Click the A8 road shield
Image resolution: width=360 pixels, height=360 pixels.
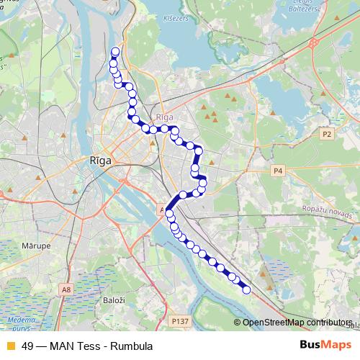click(x=66, y=289)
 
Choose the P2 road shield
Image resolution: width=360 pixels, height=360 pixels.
click(x=328, y=134)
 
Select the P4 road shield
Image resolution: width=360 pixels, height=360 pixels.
click(x=279, y=171)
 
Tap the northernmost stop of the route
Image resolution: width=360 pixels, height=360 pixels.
click(x=115, y=51)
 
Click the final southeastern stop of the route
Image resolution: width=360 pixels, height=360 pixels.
click(x=246, y=290)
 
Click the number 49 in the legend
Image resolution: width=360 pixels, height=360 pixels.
click(x=27, y=346)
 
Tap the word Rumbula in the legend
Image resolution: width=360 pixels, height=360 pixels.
click(x=131, y=346)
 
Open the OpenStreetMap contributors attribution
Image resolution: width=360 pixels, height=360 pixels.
click(x=297, y=323)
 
